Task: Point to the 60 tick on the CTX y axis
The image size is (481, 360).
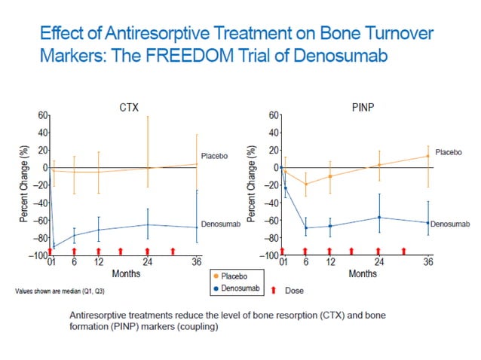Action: click(x=42, y=115)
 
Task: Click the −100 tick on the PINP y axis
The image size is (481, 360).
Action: click(x=270, y=257)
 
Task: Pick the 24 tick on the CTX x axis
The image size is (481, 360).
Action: click(x=148, y=262)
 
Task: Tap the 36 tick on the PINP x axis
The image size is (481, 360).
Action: click(x=428, y=262)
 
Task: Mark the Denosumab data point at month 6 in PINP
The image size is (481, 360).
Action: click(x=305, y=227)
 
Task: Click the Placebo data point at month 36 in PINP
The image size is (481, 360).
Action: click(x=428, y=156)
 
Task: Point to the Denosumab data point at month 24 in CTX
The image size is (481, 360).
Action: click(x=148, y=224)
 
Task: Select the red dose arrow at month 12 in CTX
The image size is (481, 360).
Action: click(x=98, y=251)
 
